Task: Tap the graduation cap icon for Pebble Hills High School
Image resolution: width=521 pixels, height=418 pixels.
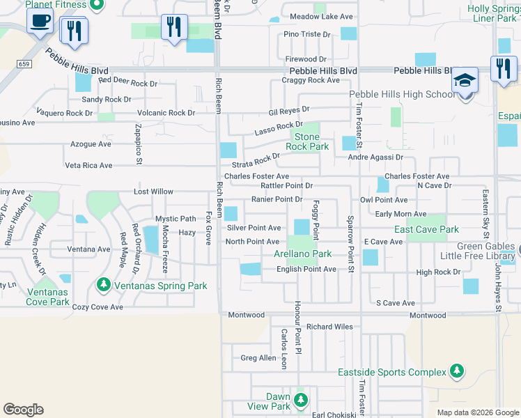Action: point(465,80)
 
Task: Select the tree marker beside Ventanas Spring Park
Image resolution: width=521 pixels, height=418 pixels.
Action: point(103,284)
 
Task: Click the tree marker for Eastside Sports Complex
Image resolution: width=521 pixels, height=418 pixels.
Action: point(456,371)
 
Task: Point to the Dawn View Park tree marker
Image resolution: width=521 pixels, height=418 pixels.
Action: point(300,400)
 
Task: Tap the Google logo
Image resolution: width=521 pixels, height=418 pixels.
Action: point(23,410)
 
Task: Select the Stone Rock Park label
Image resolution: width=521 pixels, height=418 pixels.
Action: point(307,142)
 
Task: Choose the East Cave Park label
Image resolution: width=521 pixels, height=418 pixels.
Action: point(426,229)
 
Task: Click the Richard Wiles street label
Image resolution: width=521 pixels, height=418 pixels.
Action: point(330,326)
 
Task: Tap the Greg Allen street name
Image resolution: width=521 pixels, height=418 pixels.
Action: point(258,358)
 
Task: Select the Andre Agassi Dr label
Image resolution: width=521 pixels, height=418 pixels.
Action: point(376,157)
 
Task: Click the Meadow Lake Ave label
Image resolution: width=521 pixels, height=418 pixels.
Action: point(321,16)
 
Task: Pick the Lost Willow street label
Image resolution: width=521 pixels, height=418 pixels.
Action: point(153,192)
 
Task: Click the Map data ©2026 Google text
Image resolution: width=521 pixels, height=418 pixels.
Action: point(477,412)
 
